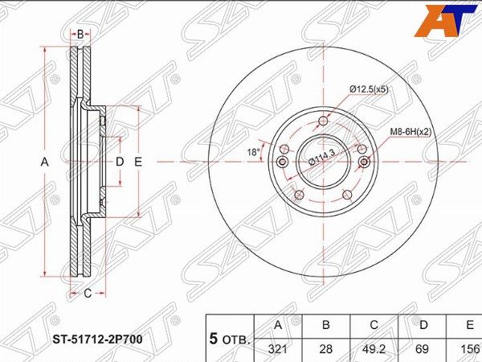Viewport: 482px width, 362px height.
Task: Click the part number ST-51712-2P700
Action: click(x=98, y=339)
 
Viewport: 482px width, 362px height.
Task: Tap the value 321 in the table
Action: click(x=278, y=349)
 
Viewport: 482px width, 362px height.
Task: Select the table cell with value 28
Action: click(x=326, y=349)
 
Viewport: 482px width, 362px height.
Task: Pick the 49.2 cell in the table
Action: click(x=374, y=349)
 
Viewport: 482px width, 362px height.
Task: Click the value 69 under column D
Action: click(x=422, y=349)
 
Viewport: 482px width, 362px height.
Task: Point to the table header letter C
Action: click(x=374, y=325)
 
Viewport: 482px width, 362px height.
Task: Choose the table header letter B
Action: click(x=326, y=325)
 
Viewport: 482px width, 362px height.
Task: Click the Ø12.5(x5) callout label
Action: click(x=370, y=89)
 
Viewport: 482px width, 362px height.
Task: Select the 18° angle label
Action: click(x=254, y=152)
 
